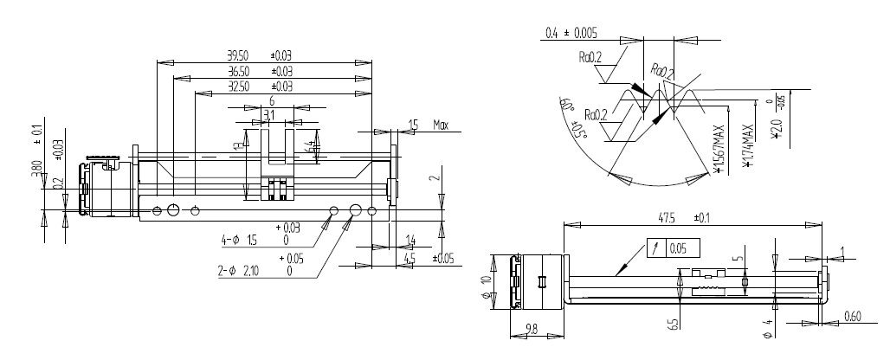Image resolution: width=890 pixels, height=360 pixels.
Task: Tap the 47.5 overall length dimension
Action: tap(662, 218)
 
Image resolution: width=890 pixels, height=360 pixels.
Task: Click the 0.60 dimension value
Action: tap(852, 317)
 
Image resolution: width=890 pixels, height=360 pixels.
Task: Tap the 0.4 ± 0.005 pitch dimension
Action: tap(571, 34)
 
